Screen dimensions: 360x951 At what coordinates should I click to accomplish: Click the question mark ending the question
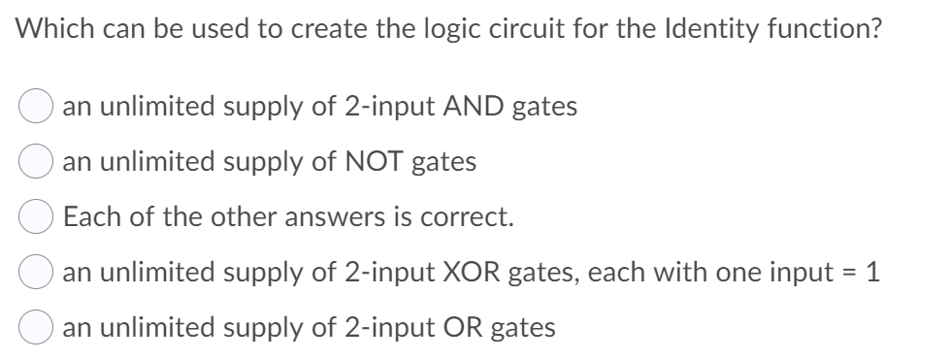tap(877, 29)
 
